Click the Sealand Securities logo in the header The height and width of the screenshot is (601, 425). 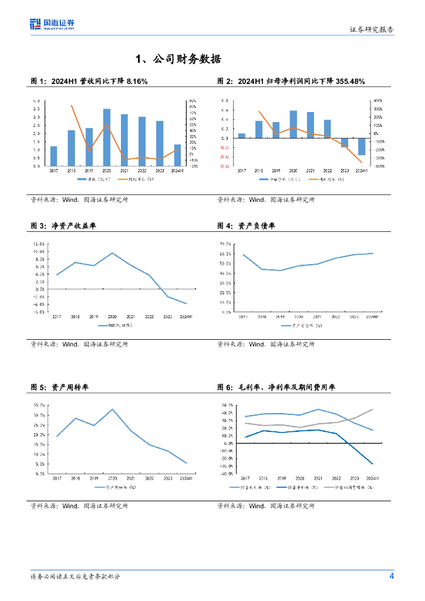pyautogui.click(x=52, y=24)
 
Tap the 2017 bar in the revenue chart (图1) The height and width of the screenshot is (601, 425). pyautogui.click(x=53, y=156)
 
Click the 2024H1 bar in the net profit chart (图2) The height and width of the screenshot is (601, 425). pyautogui.click(x=362, y=146)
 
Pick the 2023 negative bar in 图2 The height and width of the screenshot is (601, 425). pyautogui.click(x=345, y=143)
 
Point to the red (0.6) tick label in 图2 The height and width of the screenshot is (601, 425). pyautogui.click(x=224, y=166)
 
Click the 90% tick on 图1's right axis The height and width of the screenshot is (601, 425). pyautogui.click(x=192, y=101)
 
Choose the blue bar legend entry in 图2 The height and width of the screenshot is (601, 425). pyautogui.click(x=274, y=179)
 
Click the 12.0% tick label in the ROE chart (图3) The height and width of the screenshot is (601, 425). pyautogui.click(x=39, y=244)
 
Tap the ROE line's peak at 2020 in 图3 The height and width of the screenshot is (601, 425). pyautogui.click(x=112, y=253)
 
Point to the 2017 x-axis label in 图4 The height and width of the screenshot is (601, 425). pyautogui.click(x=242, y=317)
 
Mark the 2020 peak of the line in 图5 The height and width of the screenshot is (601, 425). pyautogui.click(x=112, y=409)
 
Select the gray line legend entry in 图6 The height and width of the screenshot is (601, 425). pyautogui.click(x=355, y=487)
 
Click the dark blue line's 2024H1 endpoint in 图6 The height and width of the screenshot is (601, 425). pyautogui.click(x=372, y=464)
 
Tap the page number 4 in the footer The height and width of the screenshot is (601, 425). pyautogui.click(x=392, y=576)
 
